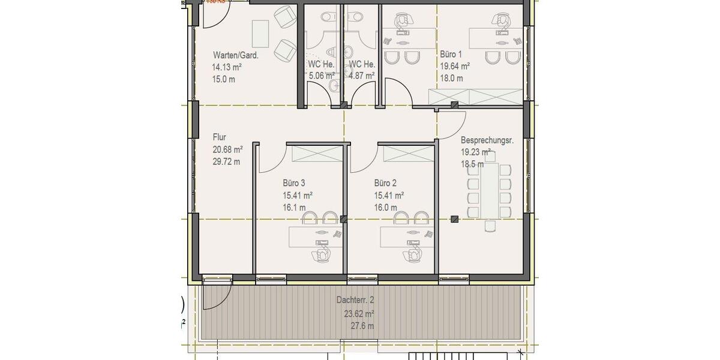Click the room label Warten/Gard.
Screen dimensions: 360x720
235,55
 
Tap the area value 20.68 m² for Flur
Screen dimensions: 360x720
227,149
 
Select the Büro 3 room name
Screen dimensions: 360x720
295,183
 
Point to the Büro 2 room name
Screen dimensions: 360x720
386,183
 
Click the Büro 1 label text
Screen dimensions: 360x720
451,54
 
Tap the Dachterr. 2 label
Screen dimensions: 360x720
359,300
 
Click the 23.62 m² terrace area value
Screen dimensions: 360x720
359,313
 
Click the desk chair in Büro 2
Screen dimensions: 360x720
413,254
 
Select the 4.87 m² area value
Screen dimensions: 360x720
362,76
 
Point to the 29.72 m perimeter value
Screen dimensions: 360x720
227,161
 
